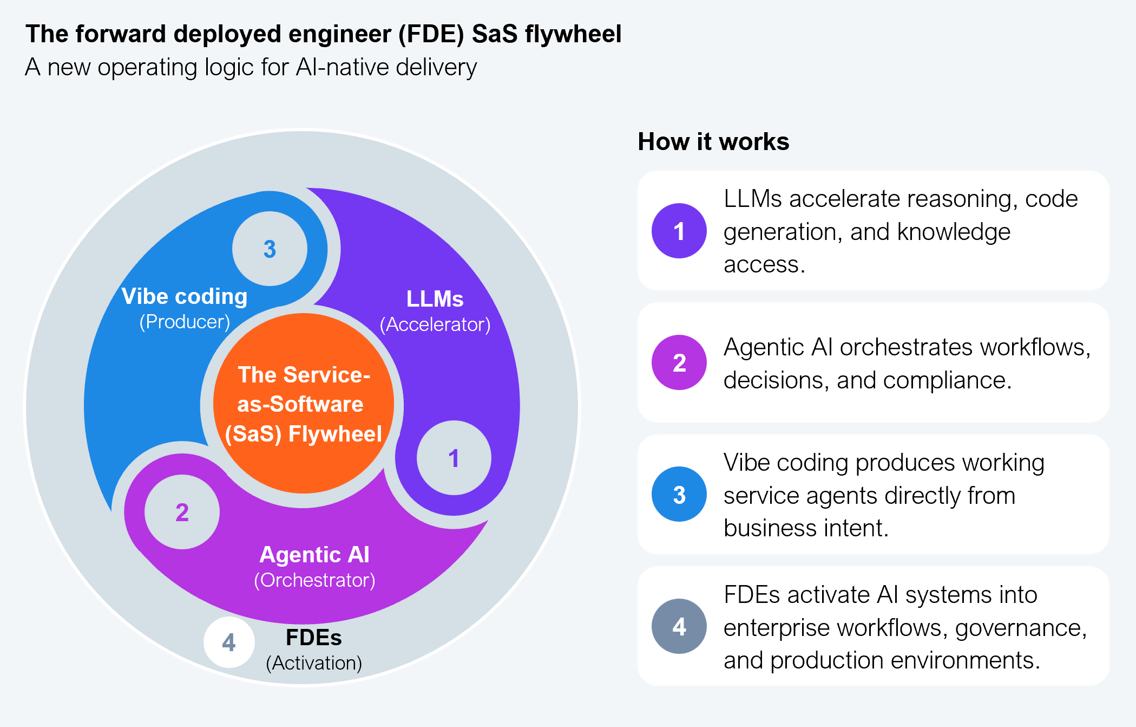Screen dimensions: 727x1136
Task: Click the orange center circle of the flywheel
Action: [x=303, y=404]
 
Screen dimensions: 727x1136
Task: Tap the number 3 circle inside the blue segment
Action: [x=270, y=249]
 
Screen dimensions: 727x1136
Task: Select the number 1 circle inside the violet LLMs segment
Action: [x=454, y=458]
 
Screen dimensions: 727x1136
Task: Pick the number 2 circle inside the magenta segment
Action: [x=182, y=512]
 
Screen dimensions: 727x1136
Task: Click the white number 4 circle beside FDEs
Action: [x=229, y=642]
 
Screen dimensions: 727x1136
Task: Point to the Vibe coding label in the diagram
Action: [x=185, y=296]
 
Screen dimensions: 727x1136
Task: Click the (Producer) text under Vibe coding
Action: [x=185, y=322]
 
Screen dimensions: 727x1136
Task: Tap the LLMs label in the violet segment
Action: [x=435, y=298]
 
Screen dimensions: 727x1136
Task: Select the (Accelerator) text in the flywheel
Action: [x=435, y=324]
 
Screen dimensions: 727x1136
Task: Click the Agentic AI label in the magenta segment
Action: [x=314, y=554]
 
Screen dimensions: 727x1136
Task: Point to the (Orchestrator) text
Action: [x=314, y=580]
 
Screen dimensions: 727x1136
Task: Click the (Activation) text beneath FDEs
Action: [x=314, y=663]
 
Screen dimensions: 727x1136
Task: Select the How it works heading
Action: [x=713, y=142]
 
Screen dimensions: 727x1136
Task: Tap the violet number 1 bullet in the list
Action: [x=679, y=231]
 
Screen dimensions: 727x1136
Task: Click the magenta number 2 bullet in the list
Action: [x=679, y=362]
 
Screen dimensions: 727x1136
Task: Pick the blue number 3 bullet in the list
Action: [x=679, y=494]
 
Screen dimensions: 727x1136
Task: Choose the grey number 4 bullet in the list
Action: [x=679, y=626]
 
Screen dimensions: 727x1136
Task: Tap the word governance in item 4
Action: [x=1021, y=628]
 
